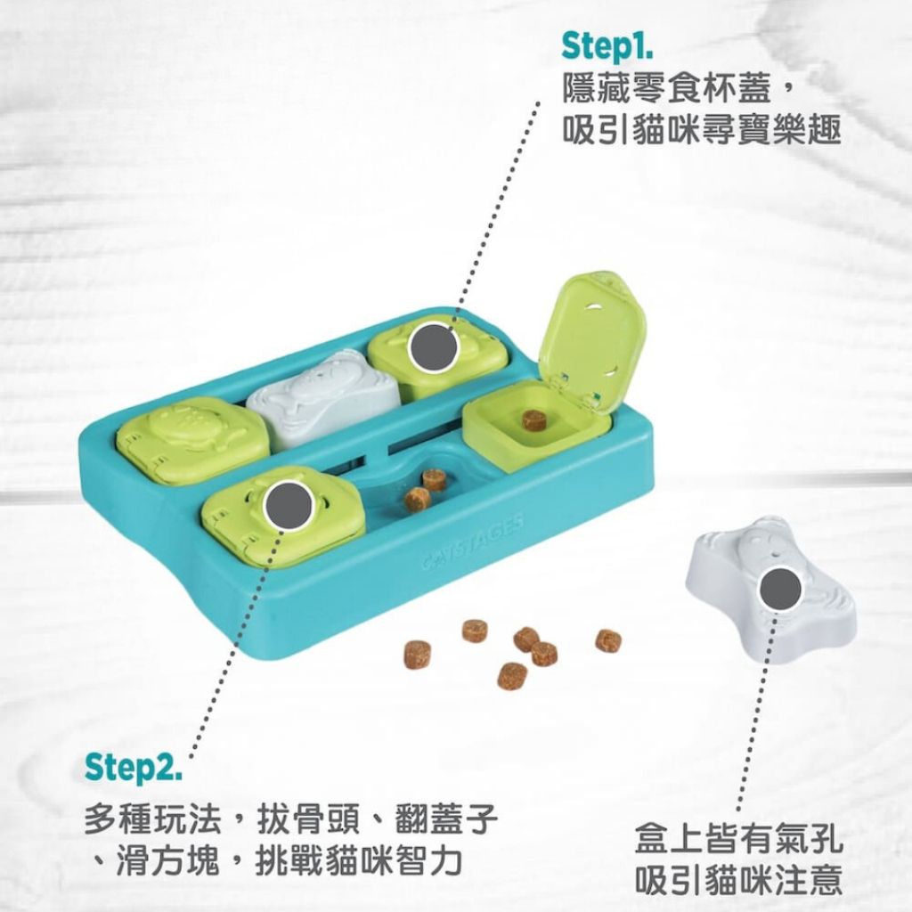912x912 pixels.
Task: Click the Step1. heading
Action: coord(607,46)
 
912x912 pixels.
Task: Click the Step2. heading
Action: coord(134,767)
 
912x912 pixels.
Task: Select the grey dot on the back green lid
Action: coord(432,347)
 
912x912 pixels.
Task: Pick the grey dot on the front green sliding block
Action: coord(286,507)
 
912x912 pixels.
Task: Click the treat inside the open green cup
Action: coord(532,420)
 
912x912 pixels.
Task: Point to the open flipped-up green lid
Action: coord(592,339)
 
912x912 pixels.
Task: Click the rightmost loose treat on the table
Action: coord(608,640)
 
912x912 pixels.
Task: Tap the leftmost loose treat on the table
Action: coord(417,654)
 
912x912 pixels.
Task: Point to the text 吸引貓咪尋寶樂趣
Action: coord(702,130)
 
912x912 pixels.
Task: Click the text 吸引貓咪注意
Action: coord(738,879)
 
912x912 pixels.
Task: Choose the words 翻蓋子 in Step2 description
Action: coord(447,819)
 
